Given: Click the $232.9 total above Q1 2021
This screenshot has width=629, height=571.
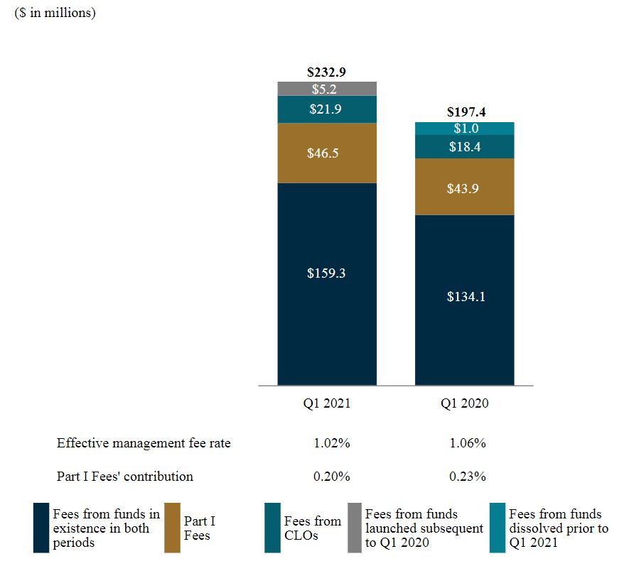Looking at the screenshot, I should point(326,72).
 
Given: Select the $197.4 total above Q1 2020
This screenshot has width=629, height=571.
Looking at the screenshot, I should point(466,112).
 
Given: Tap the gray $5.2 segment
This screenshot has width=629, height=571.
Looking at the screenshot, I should point(327,89).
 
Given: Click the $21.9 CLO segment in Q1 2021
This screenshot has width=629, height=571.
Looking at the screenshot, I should point(327,109).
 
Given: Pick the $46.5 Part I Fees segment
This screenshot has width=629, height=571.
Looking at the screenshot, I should point(327,153).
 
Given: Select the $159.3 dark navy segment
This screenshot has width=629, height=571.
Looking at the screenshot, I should point(327,273).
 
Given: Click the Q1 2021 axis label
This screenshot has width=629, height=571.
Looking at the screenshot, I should point(327,403).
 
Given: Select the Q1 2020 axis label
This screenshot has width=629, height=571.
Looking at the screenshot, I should point(465,403).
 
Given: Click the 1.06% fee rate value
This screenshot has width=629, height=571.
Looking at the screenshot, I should point(468,443).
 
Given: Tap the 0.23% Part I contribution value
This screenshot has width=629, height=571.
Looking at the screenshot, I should point(468,476).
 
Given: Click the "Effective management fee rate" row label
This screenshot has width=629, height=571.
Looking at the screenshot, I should point(144,443).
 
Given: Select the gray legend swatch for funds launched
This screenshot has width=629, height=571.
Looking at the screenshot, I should point(354,528).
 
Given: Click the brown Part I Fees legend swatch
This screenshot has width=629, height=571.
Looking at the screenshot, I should point(172,528).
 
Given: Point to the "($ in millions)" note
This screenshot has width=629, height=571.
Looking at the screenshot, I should point(55,13).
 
